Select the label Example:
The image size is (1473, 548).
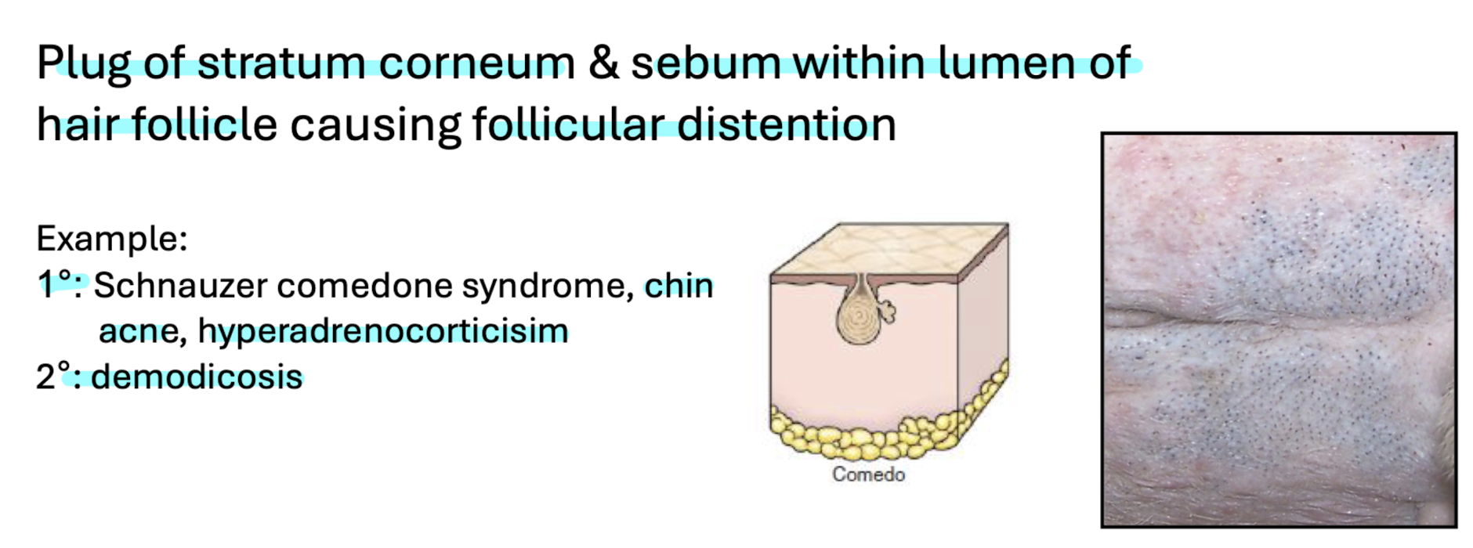[x=112, y=239]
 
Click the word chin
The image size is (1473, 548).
[x=679, y=286]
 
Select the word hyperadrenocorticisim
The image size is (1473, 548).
[x=383, y=331]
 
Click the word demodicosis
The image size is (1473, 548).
[x=197, y=377]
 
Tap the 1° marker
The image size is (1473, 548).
[x=56, y=284]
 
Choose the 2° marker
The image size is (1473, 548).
[x=56, y=377]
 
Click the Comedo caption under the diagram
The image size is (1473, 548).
[x=868, y=474]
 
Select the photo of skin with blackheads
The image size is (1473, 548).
[x=1279, y=330]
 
